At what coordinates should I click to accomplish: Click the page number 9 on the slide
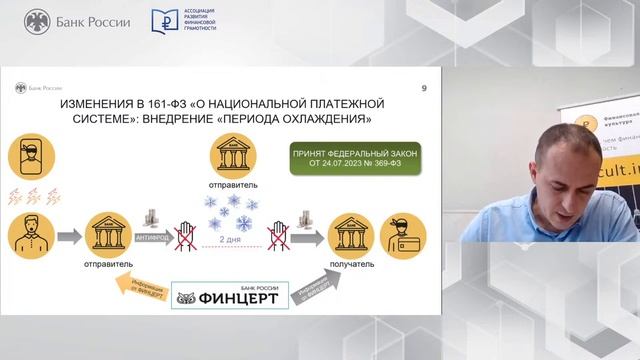coord(424,90)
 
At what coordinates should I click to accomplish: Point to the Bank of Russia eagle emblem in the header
coord(37,21)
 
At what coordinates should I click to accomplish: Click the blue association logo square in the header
coord(165,21)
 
